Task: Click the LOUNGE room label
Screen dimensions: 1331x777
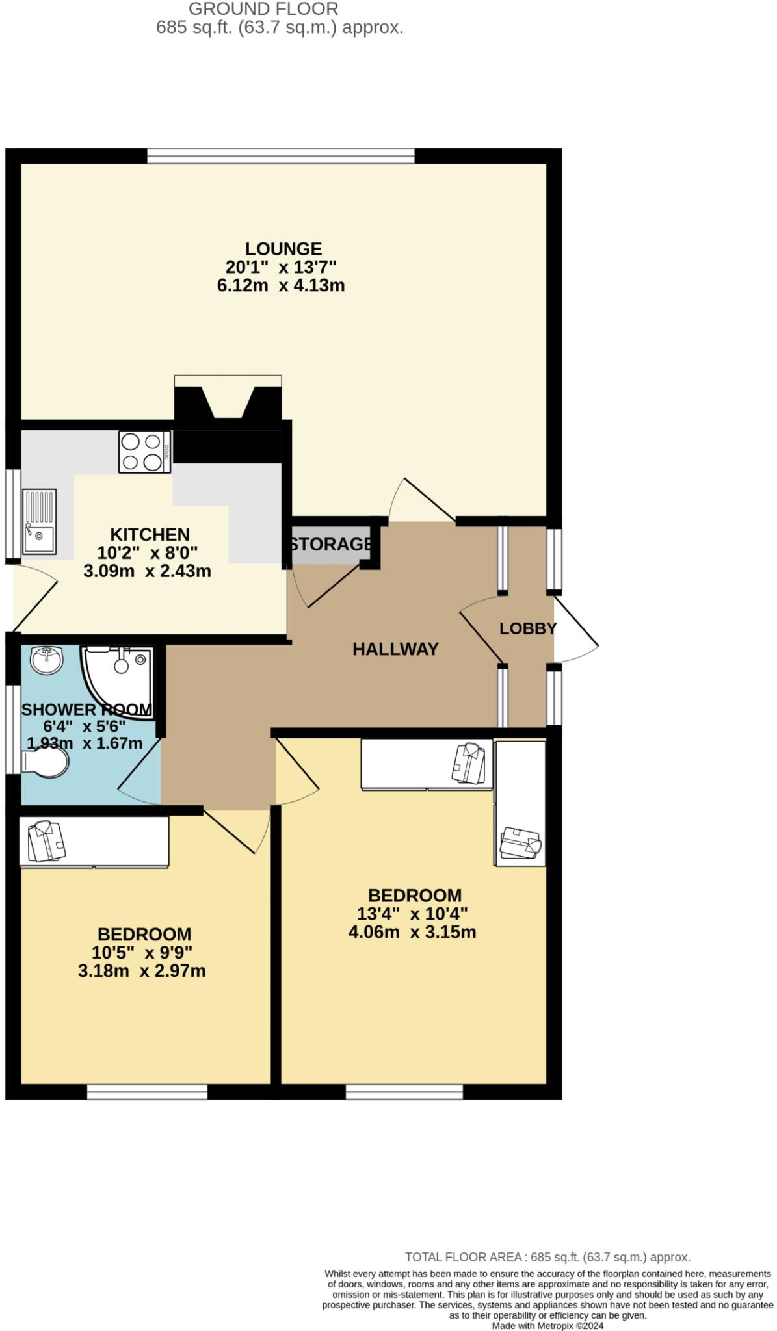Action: [283, 249]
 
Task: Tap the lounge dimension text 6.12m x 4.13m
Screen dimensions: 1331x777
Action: [281, 285]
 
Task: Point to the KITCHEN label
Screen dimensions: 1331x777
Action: [150, 535]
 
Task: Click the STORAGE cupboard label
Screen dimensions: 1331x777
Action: [331, 544]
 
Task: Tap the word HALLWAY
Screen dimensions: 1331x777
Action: [395, 649]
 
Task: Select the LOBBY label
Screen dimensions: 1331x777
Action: [527, 628]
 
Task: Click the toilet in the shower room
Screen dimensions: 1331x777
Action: [46, 762]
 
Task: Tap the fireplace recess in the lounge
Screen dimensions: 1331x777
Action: [228, 400]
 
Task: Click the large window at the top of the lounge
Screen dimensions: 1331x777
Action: [280, 155]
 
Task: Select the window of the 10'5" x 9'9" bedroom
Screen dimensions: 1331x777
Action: [147, 1092]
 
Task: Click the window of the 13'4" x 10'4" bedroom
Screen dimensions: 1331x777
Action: [404, 1092]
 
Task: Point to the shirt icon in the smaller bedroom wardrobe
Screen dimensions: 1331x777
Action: [47, 842]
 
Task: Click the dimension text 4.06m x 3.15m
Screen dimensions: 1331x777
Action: [412, 932]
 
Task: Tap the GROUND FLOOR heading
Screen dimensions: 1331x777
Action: [263, 9]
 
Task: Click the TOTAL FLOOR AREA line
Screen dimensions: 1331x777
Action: [547, 1257]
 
